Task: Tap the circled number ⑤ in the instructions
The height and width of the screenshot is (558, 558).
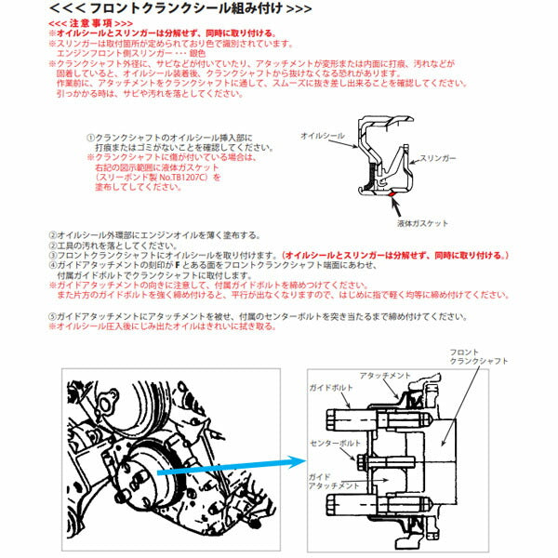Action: pos(50,316)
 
